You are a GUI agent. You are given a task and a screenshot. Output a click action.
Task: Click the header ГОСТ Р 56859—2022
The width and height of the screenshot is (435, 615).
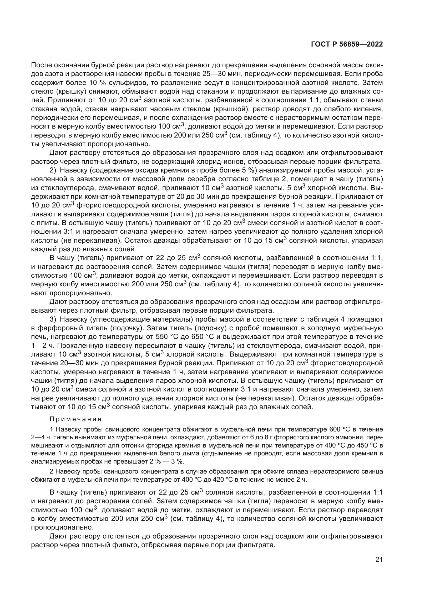tap(347, 44)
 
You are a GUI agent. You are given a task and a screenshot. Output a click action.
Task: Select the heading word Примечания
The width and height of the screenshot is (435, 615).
tap(75, 419)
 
